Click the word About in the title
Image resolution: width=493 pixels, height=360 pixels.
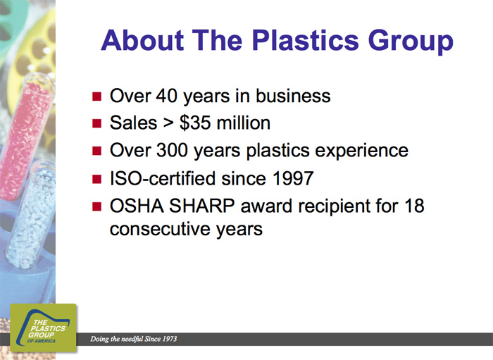coord(142,40)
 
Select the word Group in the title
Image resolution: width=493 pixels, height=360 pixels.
coord(411,42)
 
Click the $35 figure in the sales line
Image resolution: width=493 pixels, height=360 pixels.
coord(195,123)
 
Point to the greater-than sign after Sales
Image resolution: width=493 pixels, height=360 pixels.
coord(168,123)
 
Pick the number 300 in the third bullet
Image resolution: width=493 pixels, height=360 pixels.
coord(172,150)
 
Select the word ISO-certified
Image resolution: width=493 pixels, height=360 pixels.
coord(163,178)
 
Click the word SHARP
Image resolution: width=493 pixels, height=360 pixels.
coord(202,206)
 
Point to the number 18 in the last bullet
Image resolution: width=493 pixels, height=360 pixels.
coord(414,206)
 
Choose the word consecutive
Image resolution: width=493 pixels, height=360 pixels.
coord(161,229)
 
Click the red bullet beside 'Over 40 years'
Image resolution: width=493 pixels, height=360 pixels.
coord(97,96)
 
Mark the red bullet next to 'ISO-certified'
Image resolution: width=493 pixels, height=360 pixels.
coord(97,179)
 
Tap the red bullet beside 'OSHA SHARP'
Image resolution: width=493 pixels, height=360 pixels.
coord(97,206)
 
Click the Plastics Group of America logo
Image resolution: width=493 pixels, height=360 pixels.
coord(44,328)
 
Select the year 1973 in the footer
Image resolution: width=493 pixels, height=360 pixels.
coord(170,339)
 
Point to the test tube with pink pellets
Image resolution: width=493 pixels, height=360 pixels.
coord(25,135)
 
